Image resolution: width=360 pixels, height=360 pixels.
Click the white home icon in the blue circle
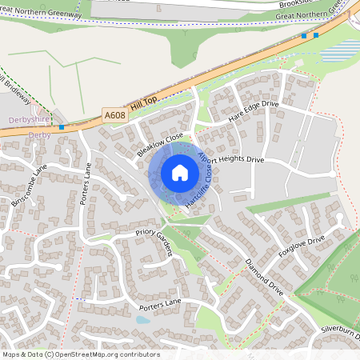point(180,173)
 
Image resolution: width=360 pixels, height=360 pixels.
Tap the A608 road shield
point(115,116)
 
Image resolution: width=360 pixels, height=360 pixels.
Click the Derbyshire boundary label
point(29,120)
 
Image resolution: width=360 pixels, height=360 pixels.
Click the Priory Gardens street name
point(154,241)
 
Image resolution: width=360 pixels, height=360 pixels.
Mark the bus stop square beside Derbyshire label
point(62,126)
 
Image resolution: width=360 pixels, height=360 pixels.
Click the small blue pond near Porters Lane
point(142,319)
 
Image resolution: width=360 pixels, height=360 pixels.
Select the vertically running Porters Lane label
point(86,184)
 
